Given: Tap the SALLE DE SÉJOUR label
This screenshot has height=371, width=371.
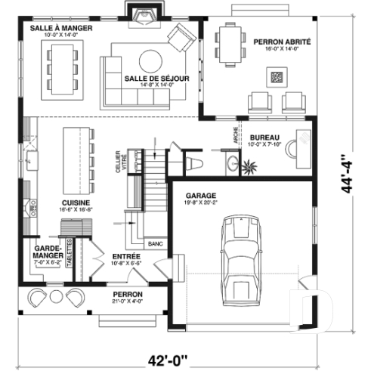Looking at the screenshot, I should (156, 78).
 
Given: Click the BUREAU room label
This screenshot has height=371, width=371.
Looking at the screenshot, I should (264, 138).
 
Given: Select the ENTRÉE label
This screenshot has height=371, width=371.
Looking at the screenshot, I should (125, 257).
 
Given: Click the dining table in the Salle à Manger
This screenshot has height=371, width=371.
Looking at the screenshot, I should (62, 61).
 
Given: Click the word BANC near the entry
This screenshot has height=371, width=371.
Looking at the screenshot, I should (156, 244).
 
